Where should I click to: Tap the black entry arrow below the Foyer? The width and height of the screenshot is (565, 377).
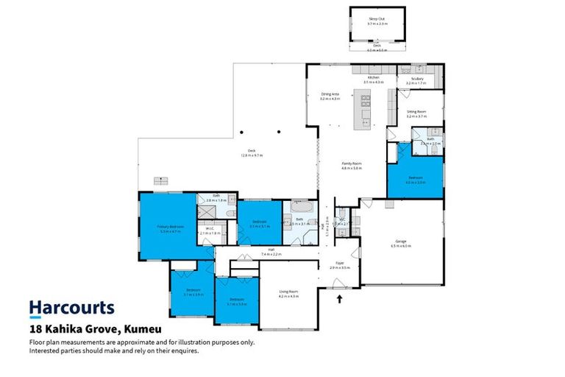[340, 298]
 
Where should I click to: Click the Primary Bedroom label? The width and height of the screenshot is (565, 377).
[170, 226]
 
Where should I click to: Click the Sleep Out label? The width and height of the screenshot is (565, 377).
[377, 20]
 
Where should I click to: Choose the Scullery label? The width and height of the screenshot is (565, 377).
[416, 80]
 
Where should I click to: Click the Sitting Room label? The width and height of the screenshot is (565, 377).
[416, 112]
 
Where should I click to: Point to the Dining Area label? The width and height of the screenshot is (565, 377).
[330, 94]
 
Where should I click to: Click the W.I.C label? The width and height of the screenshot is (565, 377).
[210, 230]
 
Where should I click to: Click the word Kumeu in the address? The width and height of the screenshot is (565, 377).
[145, 329]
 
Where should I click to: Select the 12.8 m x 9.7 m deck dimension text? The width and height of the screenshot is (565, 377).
[252, 155]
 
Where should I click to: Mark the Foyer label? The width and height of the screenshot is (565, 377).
[341, 263]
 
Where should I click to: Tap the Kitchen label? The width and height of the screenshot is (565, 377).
[374, 77]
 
